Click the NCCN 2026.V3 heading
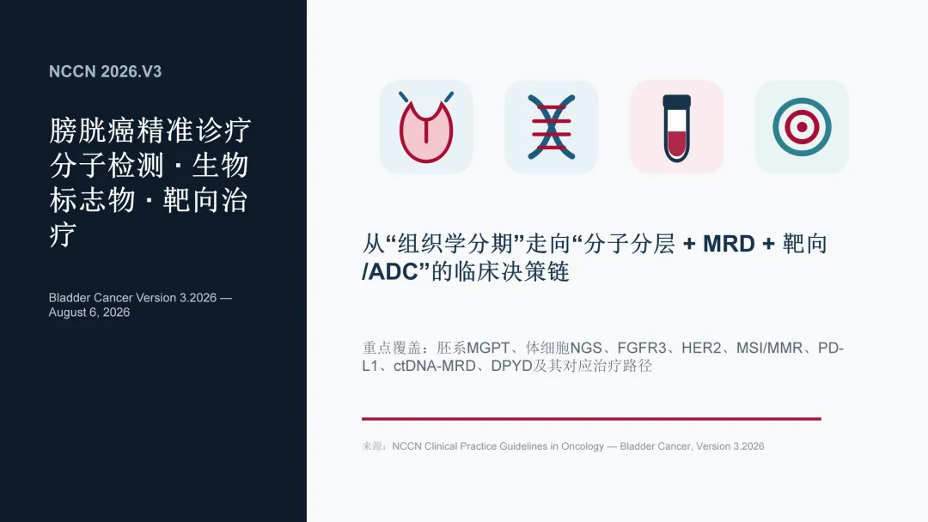point(106,71)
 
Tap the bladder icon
point(426,127)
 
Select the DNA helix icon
point(551,127)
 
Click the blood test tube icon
point(676,128)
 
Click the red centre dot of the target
point(802,127)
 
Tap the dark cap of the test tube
point(676,101)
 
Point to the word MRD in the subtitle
point(729,244)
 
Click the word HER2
point(701,348)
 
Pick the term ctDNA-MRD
point(435,366)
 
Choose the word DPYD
point(512,366)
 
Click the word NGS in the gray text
point(586,348)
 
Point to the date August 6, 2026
point(89,313)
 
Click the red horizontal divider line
point(591,419)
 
